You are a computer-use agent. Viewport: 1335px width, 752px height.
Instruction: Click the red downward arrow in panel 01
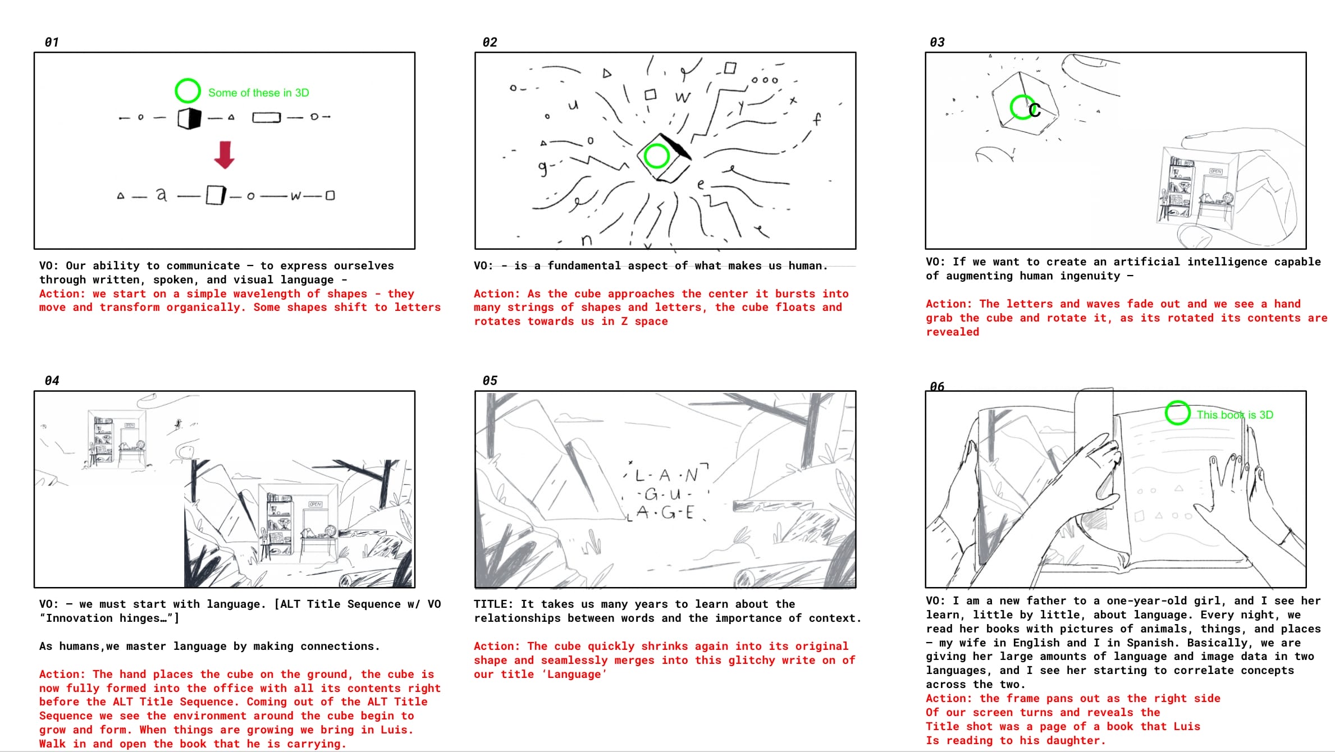(x=224, y=155)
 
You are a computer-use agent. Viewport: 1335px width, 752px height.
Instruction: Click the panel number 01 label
(x=52, y=42)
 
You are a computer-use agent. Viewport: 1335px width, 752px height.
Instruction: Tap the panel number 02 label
(x=490, y=42)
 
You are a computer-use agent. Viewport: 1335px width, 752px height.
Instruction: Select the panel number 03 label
(x=937, y=42)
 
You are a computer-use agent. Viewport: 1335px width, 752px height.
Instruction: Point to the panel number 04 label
(x=52, y=380)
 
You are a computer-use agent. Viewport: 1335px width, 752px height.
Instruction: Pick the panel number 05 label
(x=490, y=380)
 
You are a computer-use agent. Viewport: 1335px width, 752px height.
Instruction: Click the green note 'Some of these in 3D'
(x=258, y=93)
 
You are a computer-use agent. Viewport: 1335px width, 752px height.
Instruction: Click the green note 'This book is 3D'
(x=1235, y=415)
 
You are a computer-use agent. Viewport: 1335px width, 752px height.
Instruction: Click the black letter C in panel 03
(x=1034, y=110)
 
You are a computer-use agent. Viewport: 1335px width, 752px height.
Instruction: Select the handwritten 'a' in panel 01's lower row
(x=161, y=194)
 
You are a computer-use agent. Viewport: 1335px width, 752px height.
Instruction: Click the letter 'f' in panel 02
(x=817, y=119)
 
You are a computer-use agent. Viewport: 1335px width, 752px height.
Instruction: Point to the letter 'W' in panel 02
(x=683, y=98)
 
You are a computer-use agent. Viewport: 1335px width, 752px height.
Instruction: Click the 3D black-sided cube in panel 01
(x=189, y=118)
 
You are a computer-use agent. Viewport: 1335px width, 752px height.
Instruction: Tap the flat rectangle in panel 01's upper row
(x=266, y=118)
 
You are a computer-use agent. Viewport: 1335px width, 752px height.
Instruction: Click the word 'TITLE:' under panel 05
(x=493, y=604)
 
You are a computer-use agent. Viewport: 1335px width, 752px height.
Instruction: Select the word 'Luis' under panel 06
(x=1187, y=726)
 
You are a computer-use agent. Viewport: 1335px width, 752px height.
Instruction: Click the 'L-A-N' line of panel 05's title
(x=667, y=475)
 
